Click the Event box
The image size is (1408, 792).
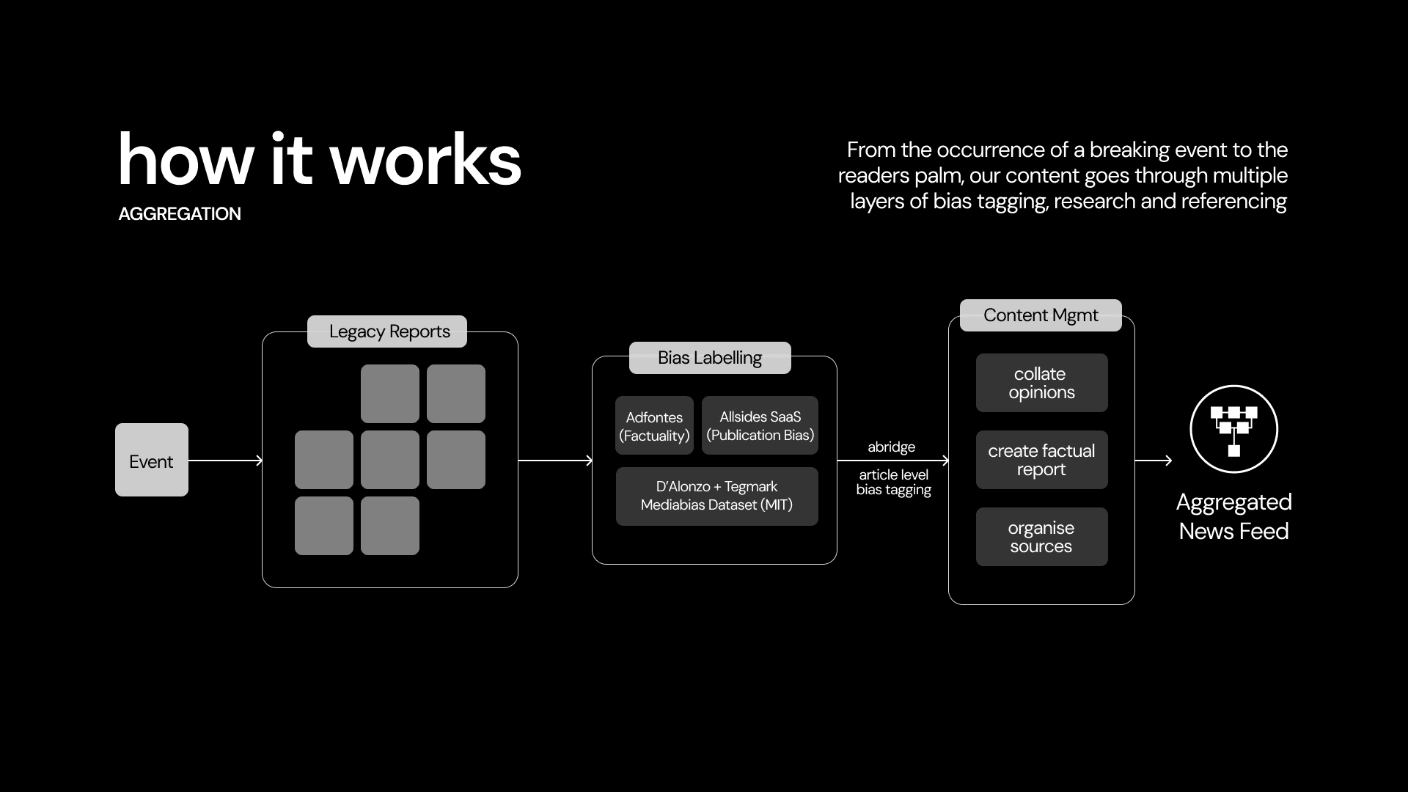pyautogui.click(x=152, y=460)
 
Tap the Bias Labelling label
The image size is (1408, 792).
pyautogui.click(x=710, y=358)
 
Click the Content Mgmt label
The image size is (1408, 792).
pyautogui.click(x=1041, y=315)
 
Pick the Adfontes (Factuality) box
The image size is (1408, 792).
pyautogui.click(x=654, y=426)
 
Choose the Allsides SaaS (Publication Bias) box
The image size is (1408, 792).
pyautogui.click(x=760, y=426)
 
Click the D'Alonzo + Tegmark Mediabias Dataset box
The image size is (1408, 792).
pyautogui.click(x=716, y=496)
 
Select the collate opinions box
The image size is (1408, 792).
pyautogui.click(x=1041, y=383)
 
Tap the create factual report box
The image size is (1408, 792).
pyautogui.click(x=1041, y=460)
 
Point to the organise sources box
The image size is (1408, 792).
pyautogui.click(x=1041, y=537)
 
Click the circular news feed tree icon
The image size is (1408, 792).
pyautogui.click(x=1233, y=429)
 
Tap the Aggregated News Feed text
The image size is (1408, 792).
pyautogui.click(x=1233, y=516)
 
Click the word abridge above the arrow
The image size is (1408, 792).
pyautogui.click(x=891, y=447)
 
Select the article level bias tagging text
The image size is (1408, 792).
pyautogui.click(x=893, y=483)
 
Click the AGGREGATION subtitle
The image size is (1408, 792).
pyautogui.click(x=180, y=214)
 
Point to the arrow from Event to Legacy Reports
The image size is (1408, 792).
pyautogui.click(x=224, y=461)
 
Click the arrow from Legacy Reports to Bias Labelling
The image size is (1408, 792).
pyautogui.click(x=554, y=461)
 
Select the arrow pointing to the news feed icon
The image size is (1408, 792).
pyautogui.click(x=1153, y=461)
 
